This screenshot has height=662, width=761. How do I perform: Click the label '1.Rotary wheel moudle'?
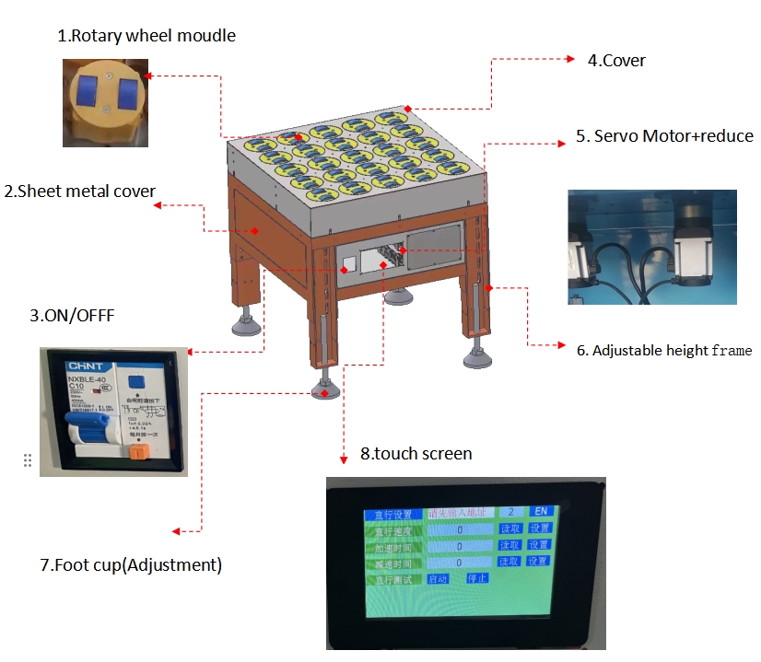(x=146, y=37)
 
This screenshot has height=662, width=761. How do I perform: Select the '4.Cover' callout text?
(x=616, y=61)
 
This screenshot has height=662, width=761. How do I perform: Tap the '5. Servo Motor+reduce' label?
(x=664, y=136)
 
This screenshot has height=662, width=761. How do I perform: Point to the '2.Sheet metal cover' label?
(x=79, y=192)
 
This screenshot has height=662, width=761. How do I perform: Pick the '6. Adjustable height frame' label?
(x=664, y=350)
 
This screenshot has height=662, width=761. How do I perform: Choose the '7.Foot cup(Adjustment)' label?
(x=131, y=565)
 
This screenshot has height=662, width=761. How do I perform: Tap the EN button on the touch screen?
(x=540, y=511)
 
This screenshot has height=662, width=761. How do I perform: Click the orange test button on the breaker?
(x=139, y=451)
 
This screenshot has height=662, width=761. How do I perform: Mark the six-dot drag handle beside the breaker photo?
(x=28, y=460)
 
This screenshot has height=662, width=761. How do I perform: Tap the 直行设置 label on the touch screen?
(x=392, y=514)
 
